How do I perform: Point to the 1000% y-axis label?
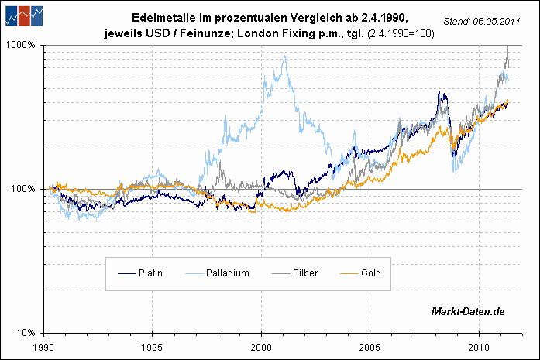21,45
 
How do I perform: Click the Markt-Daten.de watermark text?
468,311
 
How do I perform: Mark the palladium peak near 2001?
285,56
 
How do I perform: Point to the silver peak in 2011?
507,47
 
